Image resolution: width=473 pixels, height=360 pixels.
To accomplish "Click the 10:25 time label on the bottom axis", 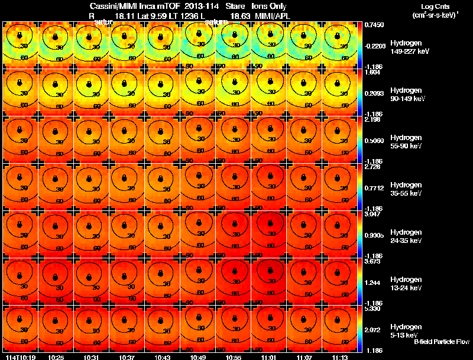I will pos(57,357).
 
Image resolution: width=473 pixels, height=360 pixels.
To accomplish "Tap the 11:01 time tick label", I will pos(270,357).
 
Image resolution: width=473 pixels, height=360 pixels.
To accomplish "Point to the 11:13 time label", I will pos(341,357).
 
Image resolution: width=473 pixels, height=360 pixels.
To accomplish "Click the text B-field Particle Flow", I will pos(441,342).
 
